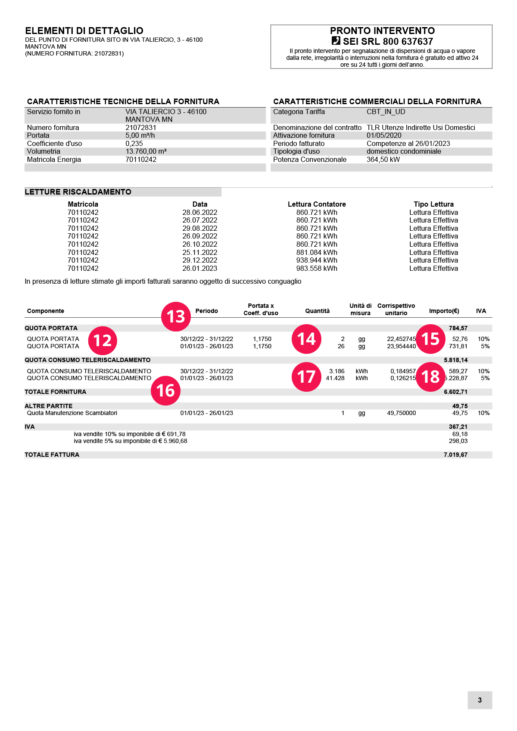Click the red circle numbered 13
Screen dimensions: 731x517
tap(176, 316)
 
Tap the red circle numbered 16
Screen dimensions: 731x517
tap(165, 390)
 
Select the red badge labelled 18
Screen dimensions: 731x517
tap(430, 377)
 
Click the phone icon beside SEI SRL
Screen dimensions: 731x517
tap(336, 41)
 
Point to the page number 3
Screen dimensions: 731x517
tap(480, 700)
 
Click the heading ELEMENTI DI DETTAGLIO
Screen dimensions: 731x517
tap(84, 31)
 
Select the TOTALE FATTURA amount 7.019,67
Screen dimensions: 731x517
tap(455, 455)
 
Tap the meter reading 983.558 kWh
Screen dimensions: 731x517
tap(317, 268)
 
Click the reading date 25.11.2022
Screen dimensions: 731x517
tap(199, 252)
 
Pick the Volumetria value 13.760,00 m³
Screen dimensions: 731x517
tap(146, 151)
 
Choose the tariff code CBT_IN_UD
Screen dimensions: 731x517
tap(386, 112)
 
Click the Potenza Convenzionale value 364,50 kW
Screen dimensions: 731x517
tap(383, 159)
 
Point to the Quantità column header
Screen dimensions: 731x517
tap(317, 311)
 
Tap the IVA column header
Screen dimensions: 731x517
tap(481, 311)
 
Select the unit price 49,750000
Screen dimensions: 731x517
tap(401, 413)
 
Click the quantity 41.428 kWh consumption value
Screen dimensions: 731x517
tap(335, 378)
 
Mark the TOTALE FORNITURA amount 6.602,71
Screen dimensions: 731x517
tap(455, 392)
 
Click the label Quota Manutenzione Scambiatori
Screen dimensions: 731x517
tap(72, 413)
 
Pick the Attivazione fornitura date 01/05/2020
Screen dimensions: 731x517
tap(384, 135)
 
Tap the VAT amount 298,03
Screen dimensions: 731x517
tap(458, 441)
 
